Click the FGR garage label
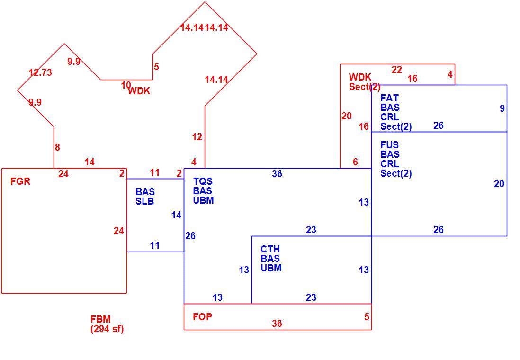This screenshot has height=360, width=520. pos(20,181)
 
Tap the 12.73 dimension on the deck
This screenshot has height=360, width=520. pos(40,72)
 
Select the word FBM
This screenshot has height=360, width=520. pos(100,319)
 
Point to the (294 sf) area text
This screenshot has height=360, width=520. pos(107,329)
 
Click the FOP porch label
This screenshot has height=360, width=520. pos(202,316)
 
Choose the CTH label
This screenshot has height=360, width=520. pos(270,249)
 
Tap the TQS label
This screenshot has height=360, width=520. pos(203,181)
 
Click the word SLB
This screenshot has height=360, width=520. pos(145,201)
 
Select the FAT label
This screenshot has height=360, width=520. pos(390,98)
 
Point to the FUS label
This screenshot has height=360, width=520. pos(390,144)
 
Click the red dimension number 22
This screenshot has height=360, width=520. pos(397,70)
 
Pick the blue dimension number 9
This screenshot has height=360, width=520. pos(502,108)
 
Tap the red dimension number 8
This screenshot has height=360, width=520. pos(57,147)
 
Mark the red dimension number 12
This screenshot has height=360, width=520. pos(197,137)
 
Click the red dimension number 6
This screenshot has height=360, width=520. pos(355,162)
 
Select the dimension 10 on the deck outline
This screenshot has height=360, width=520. pos(126,85)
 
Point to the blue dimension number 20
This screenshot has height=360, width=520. pos(499,184)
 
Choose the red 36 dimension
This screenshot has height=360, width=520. pos(277,323)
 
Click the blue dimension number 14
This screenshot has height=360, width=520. pos(177,215)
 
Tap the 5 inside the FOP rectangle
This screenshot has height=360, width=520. pos(367,316)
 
